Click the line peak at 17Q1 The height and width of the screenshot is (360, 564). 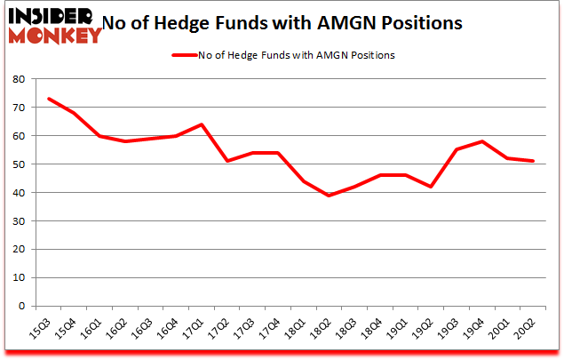202,124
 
